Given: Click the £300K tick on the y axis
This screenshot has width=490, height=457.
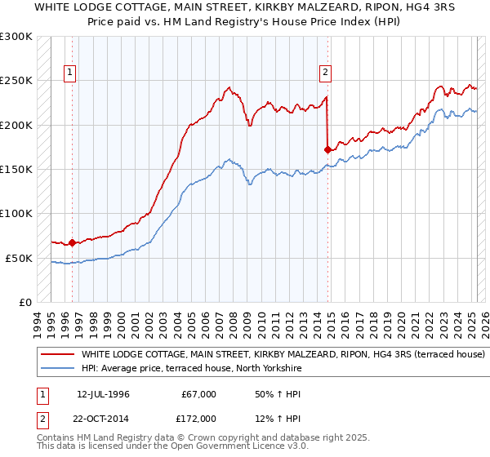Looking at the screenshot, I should point(16,37).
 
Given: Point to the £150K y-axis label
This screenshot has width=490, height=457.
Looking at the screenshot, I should point(16,170).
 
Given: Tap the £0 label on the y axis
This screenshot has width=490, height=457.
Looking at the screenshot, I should point(24,303).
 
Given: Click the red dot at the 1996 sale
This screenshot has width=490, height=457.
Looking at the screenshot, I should point(72,242).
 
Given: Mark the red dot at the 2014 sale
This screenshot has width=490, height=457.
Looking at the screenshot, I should point(327,149).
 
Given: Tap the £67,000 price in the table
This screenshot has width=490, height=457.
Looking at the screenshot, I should point(198,394).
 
